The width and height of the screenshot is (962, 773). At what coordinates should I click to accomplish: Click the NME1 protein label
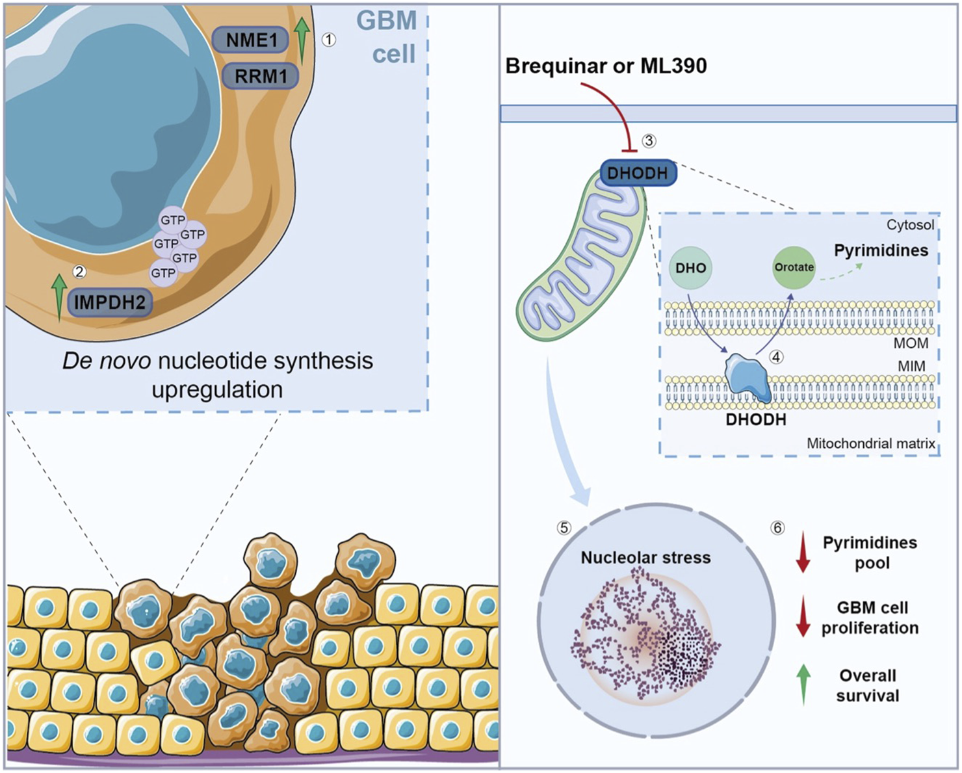coord(252,40)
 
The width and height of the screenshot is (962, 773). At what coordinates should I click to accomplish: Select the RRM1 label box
coord(261,76)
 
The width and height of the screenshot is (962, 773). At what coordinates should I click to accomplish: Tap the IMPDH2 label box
coord(110,302)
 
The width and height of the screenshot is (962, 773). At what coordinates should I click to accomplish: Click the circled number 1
coord(329,40)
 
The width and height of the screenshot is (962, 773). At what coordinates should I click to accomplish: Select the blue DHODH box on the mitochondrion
coord(637,173)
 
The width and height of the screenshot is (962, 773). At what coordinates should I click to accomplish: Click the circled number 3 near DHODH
coord(649,140)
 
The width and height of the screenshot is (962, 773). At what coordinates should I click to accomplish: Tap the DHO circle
coord(690,268)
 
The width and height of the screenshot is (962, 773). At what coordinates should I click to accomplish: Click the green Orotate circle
coord(794,267)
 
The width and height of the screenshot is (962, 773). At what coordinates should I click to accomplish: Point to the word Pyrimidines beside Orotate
coord(881,250)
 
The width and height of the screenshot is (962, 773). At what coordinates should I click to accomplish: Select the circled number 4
coord(776,356)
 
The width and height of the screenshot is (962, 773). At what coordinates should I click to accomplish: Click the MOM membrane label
coord(911,343)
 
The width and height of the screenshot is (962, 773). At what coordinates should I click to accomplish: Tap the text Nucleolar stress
coord(645,558)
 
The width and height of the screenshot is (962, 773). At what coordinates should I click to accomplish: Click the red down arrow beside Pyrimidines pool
coord(803,552)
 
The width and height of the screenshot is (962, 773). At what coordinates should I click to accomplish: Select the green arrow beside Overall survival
coord(803,684)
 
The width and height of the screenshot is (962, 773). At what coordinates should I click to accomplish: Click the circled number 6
coord(777,528)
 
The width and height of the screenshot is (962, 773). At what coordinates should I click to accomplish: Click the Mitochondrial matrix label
coord(870,443)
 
